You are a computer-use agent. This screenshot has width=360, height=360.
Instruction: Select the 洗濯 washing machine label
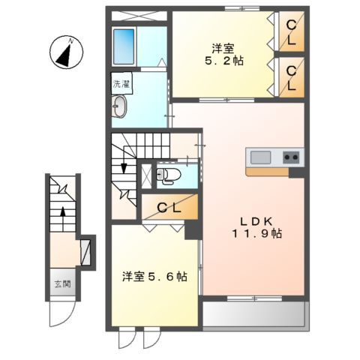(x=120, y=84)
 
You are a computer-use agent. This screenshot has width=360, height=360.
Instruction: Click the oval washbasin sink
(x=121, y=109)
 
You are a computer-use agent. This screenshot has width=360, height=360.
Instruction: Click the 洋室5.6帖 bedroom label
(x=155, y=276)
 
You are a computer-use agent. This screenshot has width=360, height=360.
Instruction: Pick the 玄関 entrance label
(x=61, y=284)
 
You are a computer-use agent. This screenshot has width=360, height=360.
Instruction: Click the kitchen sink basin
(x=261, y=157)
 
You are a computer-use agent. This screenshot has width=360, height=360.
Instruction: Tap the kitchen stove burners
(x=291, y=157)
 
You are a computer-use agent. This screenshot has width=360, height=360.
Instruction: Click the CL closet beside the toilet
(x=169, y=208)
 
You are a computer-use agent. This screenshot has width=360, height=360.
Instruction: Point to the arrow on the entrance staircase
(x=62, y=217)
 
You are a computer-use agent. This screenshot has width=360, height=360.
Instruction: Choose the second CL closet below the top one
(x=290, y=77)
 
